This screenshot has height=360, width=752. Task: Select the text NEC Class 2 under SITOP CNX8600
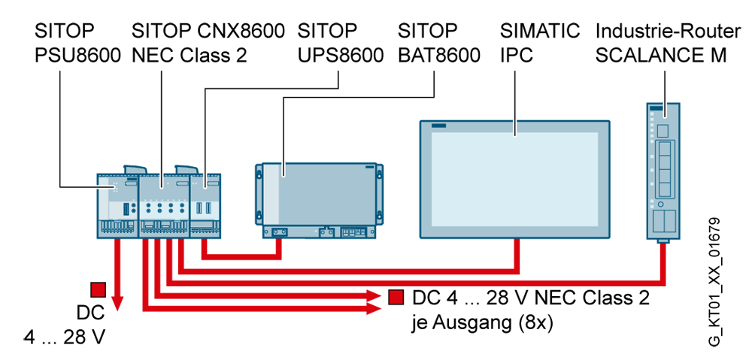click(x=190, y=56)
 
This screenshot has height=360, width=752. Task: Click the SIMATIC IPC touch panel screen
click(x=514, y=180)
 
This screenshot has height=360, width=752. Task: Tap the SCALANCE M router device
click(x=663, y=171)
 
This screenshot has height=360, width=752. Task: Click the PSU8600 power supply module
click(x=117, y=205)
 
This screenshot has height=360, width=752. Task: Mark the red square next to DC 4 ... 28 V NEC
click(x=396, y=298)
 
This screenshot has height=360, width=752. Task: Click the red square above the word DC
click(x=98, y=289)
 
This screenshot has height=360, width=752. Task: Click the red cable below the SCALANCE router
click(x=663, y=264)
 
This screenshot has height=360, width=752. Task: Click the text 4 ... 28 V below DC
click(x=64, y=337)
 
